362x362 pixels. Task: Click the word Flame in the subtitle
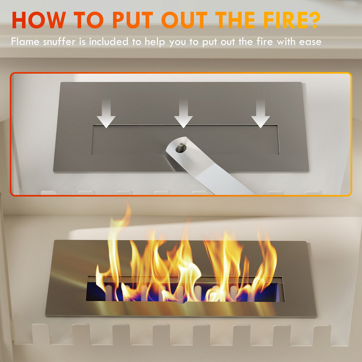tap(26, 42)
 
